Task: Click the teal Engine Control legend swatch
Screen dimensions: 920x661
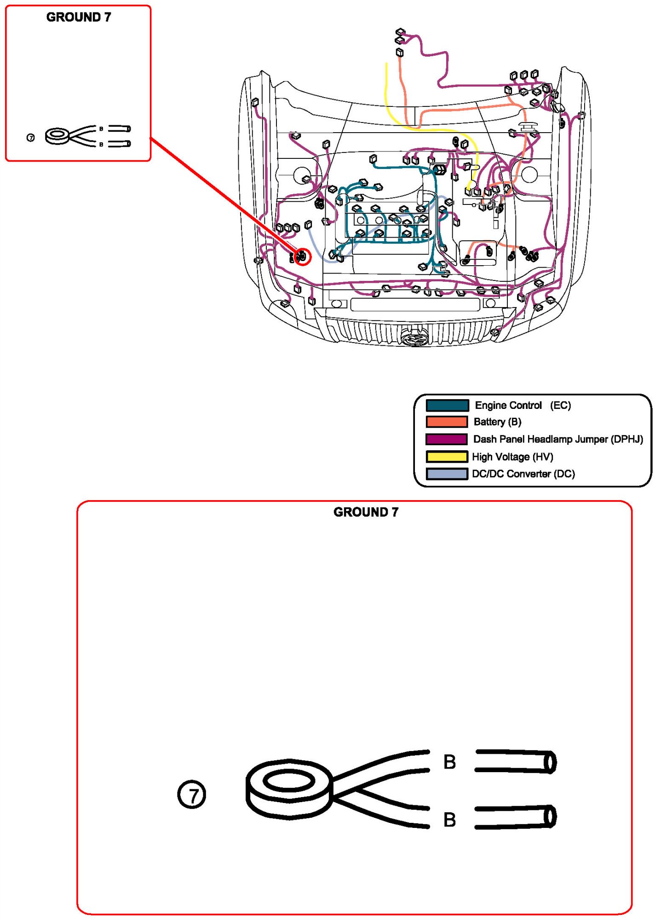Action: [447, 405]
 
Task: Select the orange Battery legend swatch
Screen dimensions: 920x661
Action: [447, 422]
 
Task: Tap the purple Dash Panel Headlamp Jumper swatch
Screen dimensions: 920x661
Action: [447, 439]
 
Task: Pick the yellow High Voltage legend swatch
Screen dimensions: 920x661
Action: [447, 456]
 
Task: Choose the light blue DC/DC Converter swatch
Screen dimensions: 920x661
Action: [447, 473]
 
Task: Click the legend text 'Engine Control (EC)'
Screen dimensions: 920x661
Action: [523, 405]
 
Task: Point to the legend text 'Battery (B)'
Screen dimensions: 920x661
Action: [497, 422]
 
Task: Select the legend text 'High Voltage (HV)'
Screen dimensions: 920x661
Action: [512, 457]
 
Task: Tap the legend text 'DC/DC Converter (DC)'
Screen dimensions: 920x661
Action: [523, 474]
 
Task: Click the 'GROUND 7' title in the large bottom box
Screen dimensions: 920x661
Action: [366, 512]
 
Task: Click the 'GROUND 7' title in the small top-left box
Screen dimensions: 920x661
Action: [79, 17]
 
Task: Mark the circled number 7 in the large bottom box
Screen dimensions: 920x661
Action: [191, 795]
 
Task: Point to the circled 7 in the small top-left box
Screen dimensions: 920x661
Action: [31, 138]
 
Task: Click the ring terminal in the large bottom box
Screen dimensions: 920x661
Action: [289, 789]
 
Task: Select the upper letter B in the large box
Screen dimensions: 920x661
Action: [449, 762]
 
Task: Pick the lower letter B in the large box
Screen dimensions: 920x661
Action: [449, 820]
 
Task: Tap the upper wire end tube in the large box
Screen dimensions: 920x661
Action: [516, 762]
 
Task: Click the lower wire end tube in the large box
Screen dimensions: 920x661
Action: [516, 818]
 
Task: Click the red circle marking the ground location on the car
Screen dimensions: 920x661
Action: [303, 256]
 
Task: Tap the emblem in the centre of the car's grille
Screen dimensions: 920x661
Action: [415, 339]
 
